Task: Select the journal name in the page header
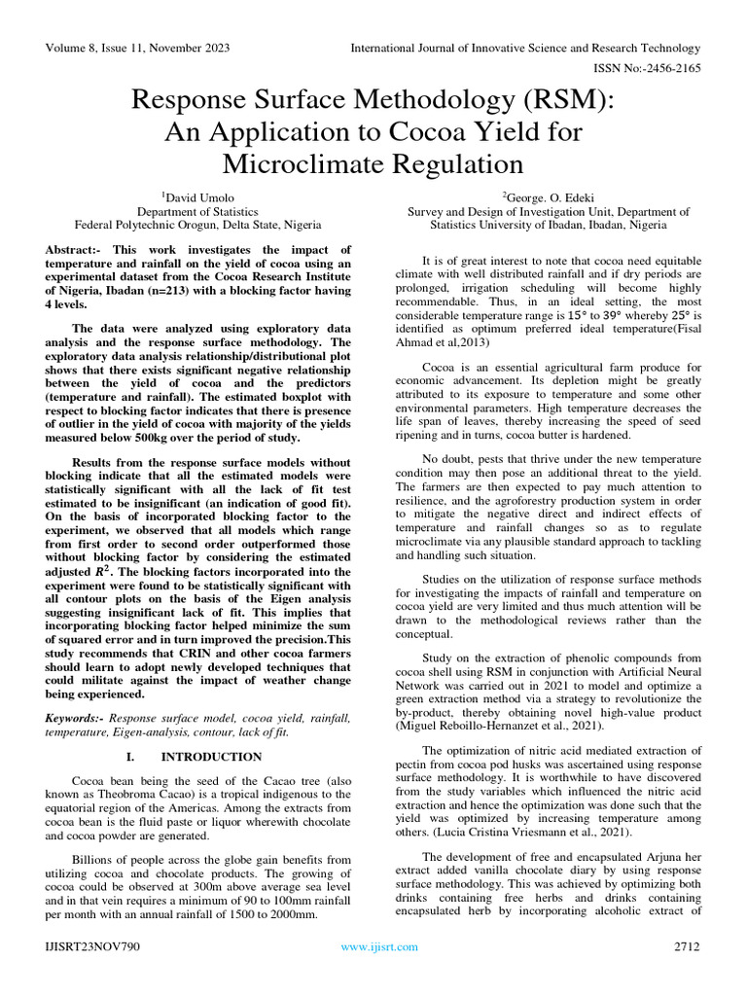(524, 48)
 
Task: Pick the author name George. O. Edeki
(548, 196)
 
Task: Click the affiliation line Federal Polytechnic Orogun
(197, 224)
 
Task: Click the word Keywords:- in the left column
(77, 718)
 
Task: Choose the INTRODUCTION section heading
(211, 757)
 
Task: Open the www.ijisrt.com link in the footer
(379, 946)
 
